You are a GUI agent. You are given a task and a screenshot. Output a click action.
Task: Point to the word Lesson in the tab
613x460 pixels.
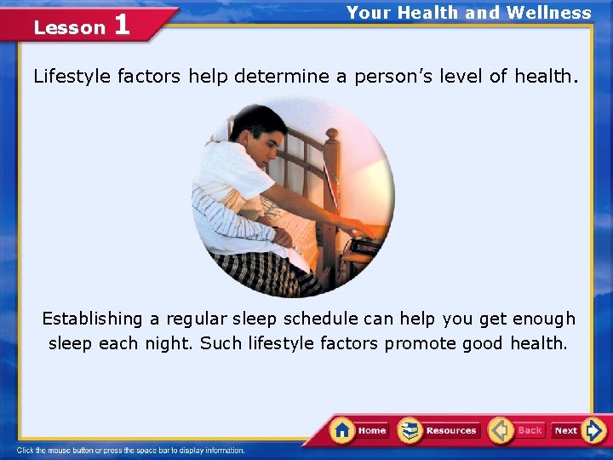point(69,27)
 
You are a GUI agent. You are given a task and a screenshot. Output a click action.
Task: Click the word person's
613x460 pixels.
point(393,77)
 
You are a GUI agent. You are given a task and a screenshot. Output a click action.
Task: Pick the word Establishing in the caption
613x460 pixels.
point(93,319)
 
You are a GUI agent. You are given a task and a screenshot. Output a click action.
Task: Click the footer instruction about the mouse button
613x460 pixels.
point(131,451)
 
